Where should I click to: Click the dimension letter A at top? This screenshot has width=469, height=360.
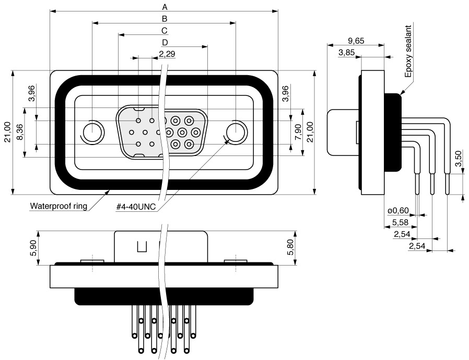165,7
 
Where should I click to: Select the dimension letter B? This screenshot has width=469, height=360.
165,19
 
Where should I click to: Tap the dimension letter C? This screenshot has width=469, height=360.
165,31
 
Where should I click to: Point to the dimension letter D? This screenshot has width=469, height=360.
165,43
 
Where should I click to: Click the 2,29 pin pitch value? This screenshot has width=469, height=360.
167,54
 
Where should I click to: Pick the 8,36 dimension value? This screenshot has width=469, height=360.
20,133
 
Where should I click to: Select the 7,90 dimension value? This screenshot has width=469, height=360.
298,133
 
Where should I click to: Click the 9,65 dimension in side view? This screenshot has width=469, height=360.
356,41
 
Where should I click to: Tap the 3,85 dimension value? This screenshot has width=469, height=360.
346,53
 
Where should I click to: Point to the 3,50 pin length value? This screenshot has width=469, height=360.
458,160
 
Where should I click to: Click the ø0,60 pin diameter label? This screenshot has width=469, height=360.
398,211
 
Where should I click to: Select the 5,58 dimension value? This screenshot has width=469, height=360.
400,222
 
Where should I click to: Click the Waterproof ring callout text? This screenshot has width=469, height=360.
58,206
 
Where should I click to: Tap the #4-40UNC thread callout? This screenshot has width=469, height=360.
136,207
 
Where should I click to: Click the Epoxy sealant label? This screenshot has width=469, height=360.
408,51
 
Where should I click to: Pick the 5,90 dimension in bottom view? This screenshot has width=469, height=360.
33,248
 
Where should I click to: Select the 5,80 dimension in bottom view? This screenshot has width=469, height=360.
290,248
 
